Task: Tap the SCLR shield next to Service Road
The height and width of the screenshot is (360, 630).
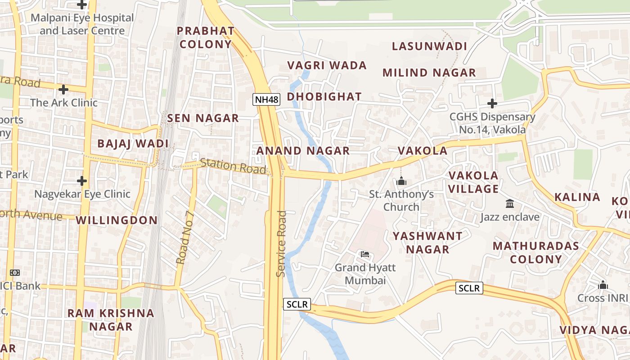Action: (297, 305)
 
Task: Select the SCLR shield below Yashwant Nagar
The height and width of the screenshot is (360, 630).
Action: (469, 288)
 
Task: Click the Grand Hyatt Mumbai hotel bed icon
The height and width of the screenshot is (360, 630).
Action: (365, 255)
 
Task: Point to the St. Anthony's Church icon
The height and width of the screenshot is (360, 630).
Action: (401, 181)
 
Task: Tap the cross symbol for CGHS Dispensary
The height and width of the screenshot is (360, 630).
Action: (492, 103)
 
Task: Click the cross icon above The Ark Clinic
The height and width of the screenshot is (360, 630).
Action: (63, 89)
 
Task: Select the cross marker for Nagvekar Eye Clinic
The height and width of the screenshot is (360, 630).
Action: (81, 181)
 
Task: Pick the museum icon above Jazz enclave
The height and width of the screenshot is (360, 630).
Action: (510, 204)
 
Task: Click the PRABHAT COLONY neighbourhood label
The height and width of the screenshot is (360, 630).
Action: (206, 37)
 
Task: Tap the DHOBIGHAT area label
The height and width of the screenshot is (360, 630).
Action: (324, 97)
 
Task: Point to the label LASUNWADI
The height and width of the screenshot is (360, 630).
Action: (429, 46)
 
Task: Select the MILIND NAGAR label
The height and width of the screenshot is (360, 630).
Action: (429, 72)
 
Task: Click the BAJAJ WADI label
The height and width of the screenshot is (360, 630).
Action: (133, 144)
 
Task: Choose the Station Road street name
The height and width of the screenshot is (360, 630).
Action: (233, 166)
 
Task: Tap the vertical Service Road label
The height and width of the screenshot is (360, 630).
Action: (281, 243)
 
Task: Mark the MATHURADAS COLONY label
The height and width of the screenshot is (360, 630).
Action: (535, 252)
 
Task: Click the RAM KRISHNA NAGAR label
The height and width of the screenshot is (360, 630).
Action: (111, 319)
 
